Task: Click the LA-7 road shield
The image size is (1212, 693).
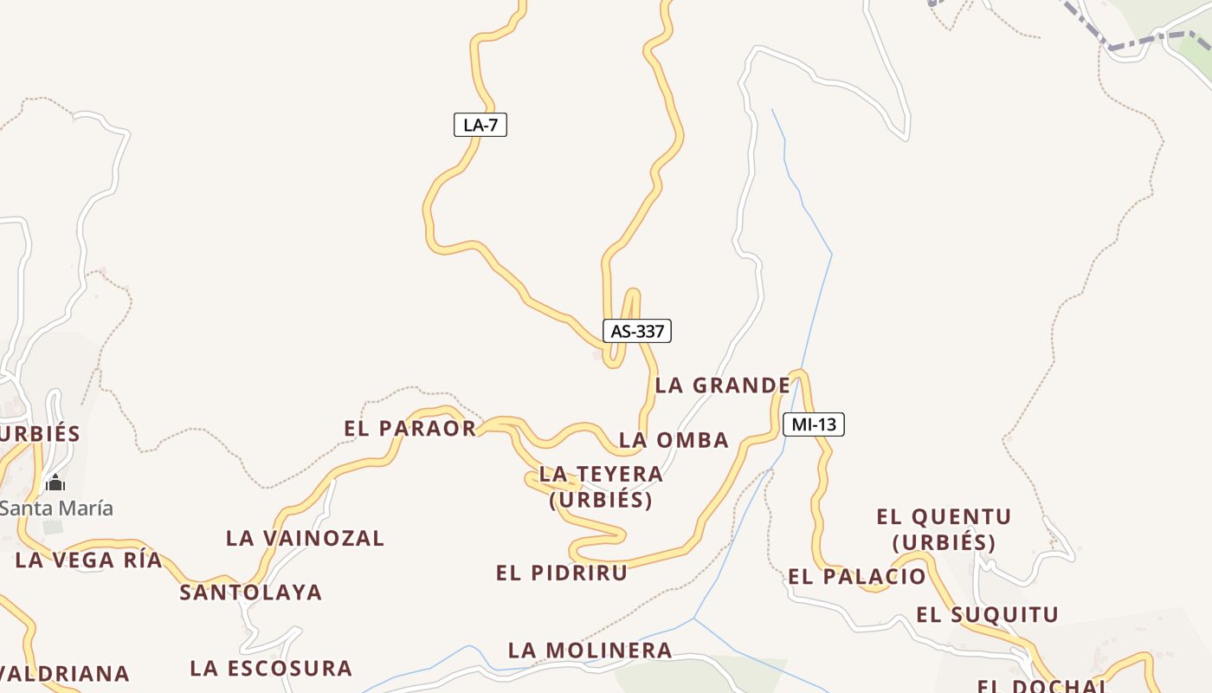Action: [x=480, y=125]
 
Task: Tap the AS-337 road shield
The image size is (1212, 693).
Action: [x=637, y=331]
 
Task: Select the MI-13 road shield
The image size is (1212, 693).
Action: [x=813, y=424]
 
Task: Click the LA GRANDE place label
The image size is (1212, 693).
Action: [x=722, y=385]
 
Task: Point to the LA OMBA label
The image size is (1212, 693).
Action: [x=674, y=440]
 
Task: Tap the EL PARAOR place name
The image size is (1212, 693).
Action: [x=410, y=428]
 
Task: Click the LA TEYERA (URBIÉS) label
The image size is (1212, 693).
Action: [x=601, y=487]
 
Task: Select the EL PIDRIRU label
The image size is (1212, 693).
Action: [x=562, y=573]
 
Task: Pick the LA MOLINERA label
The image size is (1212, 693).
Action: [x=590, y=650]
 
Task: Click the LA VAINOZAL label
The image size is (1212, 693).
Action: [x=305, y=538]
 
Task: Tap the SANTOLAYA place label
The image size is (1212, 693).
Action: [x=250, y=593]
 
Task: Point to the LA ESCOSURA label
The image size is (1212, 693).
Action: [x=271, y=668]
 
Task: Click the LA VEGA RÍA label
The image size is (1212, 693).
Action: [x=88, y=560]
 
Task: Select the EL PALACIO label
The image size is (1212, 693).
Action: [x=856, y=576]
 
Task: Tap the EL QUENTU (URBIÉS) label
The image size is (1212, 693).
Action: [x=944, y=529]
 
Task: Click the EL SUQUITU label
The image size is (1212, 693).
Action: [x=987, y=615]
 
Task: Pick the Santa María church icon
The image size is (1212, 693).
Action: [x=55, y=483]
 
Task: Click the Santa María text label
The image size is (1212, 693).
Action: [x=56, y=508]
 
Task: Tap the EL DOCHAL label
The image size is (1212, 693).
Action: [x=1042, y=685]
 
